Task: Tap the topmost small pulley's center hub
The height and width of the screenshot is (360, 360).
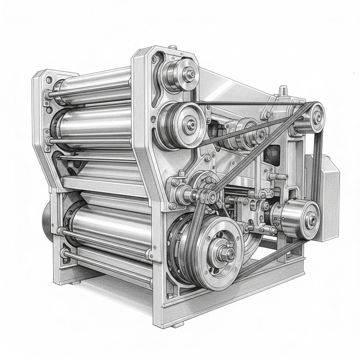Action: pyautogui.click(x=191, y=74)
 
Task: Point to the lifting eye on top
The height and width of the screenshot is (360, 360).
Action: pyautogui.click(x=283, y=91)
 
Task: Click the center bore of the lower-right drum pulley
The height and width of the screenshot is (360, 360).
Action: pyautogui.click(x=311, y=219)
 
